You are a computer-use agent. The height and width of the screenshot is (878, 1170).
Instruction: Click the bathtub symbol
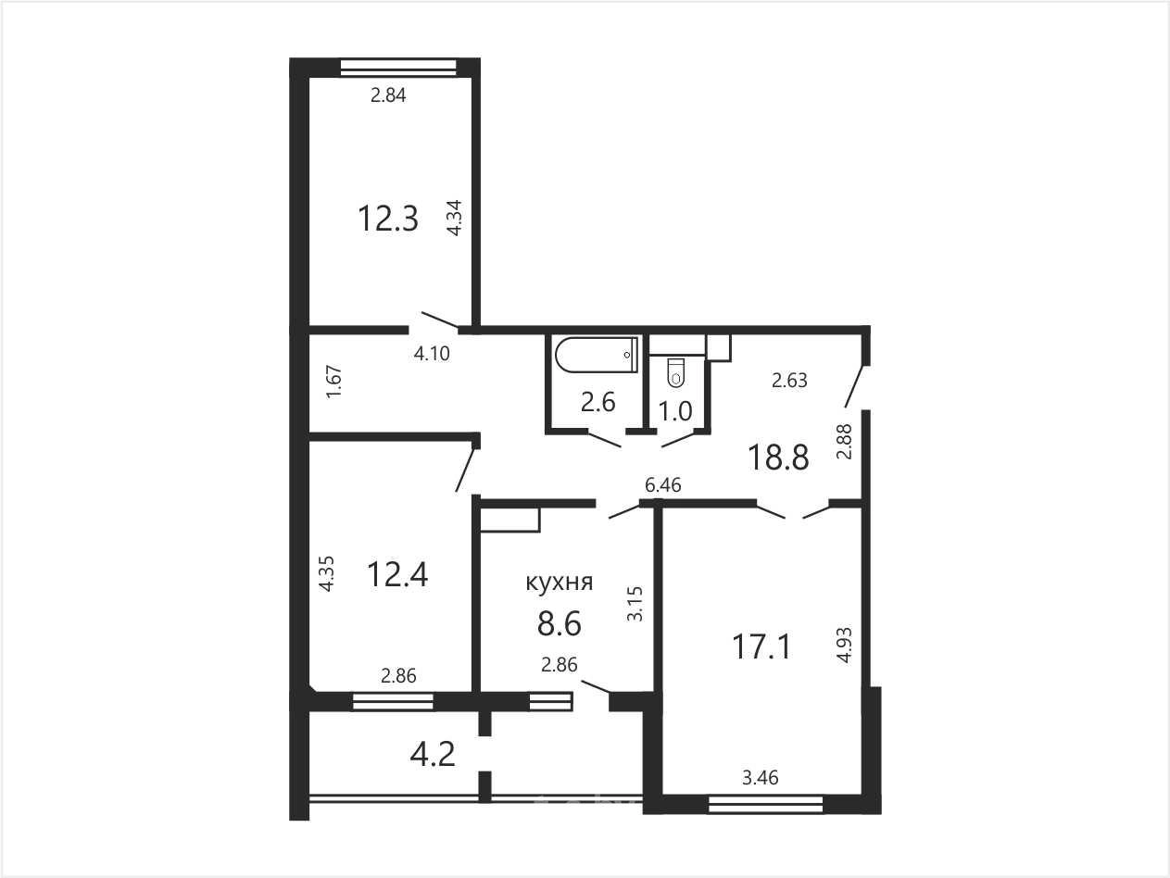tap(596, 355)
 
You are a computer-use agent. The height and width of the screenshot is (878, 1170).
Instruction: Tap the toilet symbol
tap(676, 372)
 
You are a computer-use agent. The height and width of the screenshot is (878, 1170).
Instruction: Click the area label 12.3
tap(388, 219)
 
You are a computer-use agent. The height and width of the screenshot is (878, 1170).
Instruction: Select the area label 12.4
tap(397, 575)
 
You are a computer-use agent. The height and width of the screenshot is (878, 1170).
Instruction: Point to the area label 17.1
tap(761, 646)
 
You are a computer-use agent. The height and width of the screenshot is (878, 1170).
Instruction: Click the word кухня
tap(560, 582)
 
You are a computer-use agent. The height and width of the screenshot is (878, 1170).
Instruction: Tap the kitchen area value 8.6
tap(560, 623)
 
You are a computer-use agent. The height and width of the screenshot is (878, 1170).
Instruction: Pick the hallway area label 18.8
tap(778, 458)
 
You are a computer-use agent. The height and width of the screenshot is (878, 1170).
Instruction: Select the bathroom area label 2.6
tap(598, 402)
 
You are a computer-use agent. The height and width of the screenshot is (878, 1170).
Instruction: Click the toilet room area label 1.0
tap(675, 411)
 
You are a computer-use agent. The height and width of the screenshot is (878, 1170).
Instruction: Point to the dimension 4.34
tap(454, 218)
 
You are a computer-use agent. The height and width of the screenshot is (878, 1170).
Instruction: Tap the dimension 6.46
tap(663, 484)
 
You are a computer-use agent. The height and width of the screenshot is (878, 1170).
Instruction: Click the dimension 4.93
tap(844, 646)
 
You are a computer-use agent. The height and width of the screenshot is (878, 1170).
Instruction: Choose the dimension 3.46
tap(761, 778)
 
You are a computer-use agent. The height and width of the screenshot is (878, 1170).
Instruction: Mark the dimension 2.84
tap(388, 95)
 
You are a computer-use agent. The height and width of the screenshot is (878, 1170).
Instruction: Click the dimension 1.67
tap(334, 382)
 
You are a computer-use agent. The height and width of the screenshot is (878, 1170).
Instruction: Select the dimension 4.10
tap(433, 353)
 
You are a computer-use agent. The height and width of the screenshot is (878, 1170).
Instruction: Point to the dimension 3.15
tap(635, 604)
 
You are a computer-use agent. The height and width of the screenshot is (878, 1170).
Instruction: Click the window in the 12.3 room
tap(398, 68)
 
